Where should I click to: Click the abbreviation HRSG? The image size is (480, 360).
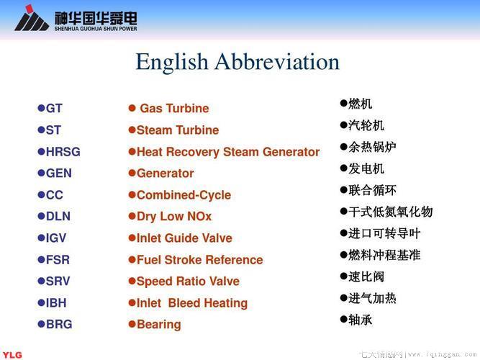(63, 152)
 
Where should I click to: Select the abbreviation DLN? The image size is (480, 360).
(58, 216)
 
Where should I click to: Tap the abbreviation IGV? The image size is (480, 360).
(56, 238)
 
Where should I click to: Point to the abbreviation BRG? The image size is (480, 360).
(59, 324)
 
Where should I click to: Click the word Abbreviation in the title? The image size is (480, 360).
(277, 62)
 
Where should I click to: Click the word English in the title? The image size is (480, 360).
(172, 63)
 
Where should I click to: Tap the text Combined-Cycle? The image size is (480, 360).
(184, 195)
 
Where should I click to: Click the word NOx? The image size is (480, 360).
(199, 216)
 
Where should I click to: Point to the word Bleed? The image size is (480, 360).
(184, 303)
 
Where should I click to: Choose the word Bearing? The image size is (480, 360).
(159, 325)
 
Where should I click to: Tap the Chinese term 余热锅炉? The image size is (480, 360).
(372, 147)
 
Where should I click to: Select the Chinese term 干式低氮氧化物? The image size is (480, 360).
(390, 212)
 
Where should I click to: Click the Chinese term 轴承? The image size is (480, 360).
(361, 320)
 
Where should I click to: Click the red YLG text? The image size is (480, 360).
(12, 355)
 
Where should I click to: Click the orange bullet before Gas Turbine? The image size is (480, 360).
(132, 108)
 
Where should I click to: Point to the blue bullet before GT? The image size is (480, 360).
(41, 108)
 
